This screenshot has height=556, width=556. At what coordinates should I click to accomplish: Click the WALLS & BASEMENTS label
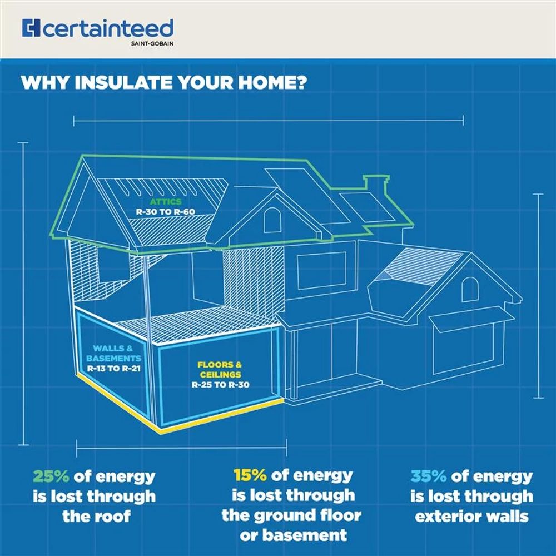(x=109, y=354)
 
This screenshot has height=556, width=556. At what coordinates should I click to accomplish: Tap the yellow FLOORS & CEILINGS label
(x=220, y=370)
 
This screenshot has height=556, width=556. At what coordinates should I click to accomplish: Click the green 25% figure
(x=51, y=476)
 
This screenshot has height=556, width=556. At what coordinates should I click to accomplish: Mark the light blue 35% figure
(x=429, y=476)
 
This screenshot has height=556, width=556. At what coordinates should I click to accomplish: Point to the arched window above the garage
(x=470, y=290)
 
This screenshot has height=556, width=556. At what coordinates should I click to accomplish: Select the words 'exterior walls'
(x=471, y=515)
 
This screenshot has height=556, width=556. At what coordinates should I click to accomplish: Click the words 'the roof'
(x=96, y=515)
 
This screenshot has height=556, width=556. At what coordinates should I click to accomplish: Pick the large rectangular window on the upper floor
(x=322, y=270)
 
